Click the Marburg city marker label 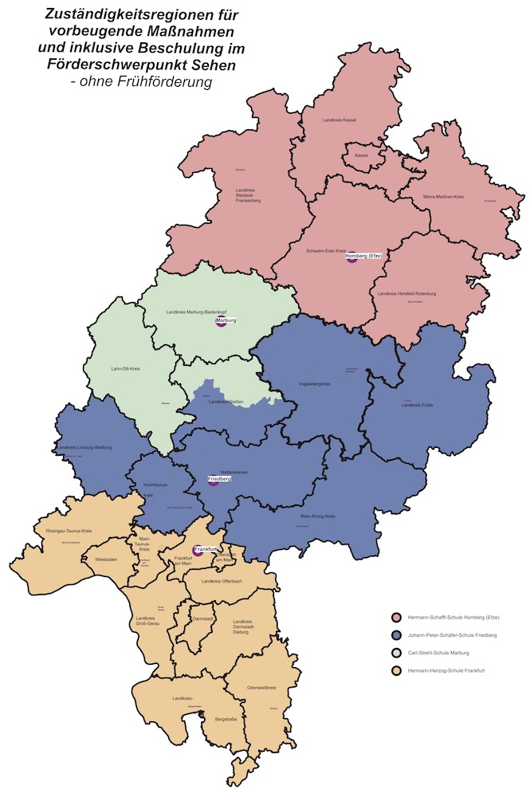(227, 320)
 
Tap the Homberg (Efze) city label (364, 255)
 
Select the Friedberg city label (219, 478)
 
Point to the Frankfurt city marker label (206, 549)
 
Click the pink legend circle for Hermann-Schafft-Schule (395, 618)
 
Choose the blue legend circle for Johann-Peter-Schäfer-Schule (395, 635)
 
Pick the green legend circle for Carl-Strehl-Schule (395, 653)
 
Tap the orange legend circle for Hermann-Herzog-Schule (395, 671)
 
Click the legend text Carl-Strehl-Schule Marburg (438, 653)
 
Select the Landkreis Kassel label (339, 120)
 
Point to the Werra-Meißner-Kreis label (443, 196)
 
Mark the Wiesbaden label (105, 559)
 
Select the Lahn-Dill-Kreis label (125, 370)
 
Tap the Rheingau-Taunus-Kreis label (69, 531)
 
